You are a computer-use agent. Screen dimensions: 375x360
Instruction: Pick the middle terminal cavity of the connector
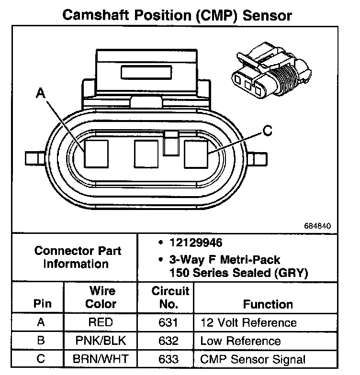coord(146,154)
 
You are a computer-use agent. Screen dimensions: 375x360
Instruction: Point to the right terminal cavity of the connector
coord(197,154)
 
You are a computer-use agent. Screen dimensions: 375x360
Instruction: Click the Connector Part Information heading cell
coord(78,257)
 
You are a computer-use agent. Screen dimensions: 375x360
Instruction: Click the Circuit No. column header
coord(170,297)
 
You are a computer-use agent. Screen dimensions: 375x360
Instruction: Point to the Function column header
coord(268,304)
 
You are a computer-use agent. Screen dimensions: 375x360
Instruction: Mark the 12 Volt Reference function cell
coord(248,323)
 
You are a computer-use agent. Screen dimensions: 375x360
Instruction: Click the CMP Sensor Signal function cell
coord(253,359)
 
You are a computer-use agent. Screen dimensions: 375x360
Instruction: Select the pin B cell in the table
coord(41,341)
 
